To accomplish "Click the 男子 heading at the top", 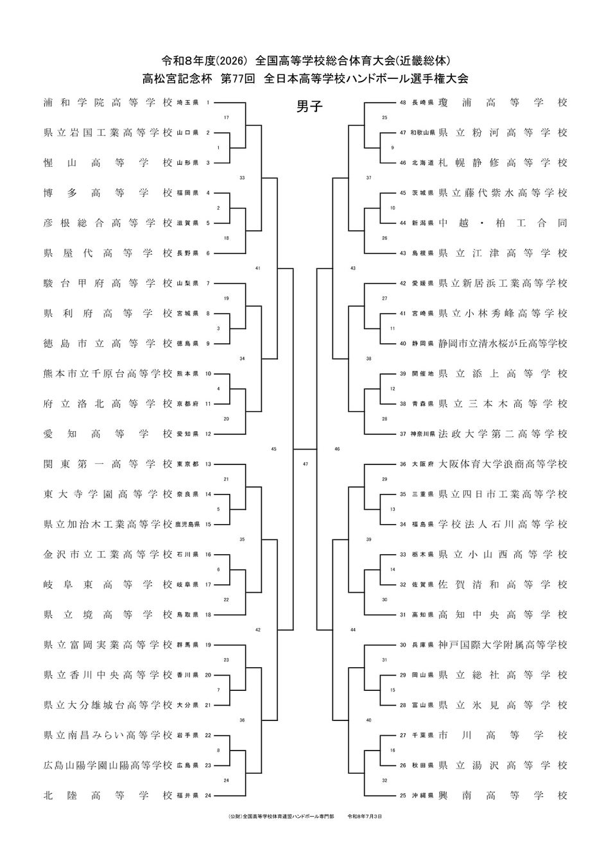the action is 309,106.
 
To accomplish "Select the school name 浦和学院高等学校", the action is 108,103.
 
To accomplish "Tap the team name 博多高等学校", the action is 108,193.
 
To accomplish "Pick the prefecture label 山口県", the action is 187,133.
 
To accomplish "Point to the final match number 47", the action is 306,464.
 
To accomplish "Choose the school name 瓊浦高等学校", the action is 503,103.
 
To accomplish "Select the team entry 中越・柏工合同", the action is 503,223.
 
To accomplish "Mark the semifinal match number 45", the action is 274,449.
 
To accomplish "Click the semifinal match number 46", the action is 337,449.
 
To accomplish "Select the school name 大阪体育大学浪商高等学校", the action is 503,464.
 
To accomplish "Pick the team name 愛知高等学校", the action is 108,434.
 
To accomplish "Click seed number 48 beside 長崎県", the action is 403,103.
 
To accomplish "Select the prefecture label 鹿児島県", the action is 187,525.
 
